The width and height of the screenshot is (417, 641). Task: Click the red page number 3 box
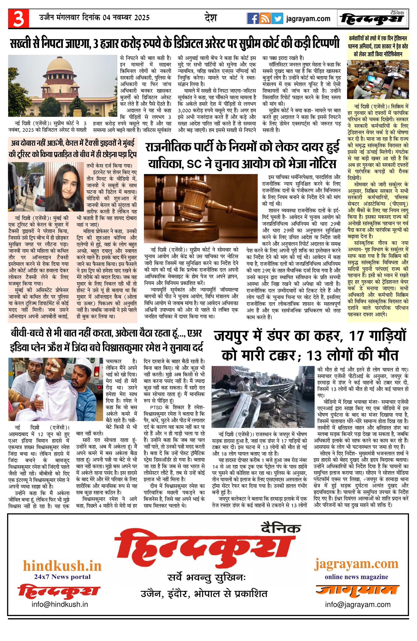[x=18, y=18]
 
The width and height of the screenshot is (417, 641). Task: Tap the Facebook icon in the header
[x=253, y=18]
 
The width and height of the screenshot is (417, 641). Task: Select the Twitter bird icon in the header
[x=277, y=18]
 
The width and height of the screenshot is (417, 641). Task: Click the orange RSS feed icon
[x=265, y=18]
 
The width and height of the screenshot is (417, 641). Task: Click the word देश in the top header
[x=211, y=18]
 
